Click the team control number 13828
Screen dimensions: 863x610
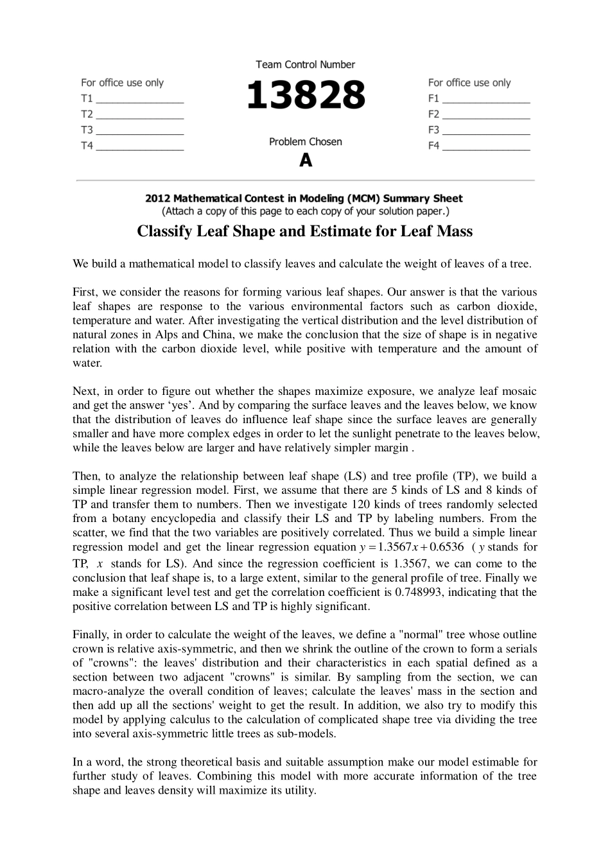tap(306, 96)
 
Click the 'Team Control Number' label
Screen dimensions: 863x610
tap(306, 64)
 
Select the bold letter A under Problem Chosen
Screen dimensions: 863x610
tap(306, 161)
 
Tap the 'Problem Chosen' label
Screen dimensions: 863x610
tap(306, 142)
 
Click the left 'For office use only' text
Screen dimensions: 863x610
tap(122, 83)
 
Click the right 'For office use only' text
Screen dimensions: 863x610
tap(469, 83)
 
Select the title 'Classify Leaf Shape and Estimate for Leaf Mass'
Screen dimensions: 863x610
tap(305, 231)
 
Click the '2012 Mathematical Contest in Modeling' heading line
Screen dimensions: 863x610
tap(304, 198)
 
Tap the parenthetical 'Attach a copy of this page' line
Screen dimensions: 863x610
tap(305, 211)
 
